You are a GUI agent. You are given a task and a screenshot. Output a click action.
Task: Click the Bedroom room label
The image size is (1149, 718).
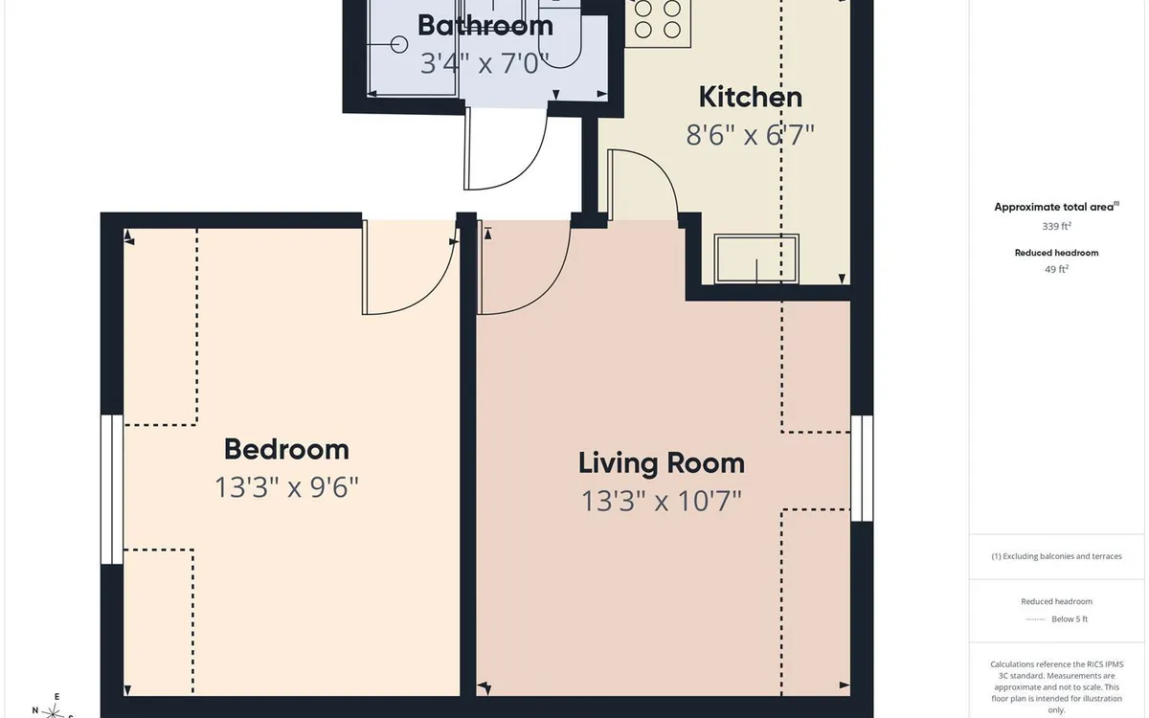[286, 449]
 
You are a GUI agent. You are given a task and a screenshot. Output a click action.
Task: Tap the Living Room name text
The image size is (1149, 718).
[662, 463]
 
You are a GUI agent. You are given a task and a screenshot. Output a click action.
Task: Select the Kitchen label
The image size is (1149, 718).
[751, 97]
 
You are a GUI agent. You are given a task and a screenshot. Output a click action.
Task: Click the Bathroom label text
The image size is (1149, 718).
[485, 26]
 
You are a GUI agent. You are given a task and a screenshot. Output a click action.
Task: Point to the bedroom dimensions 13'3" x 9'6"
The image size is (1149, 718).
[286, 487]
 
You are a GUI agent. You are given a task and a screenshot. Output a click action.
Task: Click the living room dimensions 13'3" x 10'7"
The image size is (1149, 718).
[662, 501]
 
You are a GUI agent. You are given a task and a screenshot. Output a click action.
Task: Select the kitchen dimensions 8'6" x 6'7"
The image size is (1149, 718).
[751, 135]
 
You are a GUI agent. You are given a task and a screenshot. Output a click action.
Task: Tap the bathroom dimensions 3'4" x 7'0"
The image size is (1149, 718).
[485, 63]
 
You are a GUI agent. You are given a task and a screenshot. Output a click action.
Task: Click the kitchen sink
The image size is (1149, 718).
[756, 259]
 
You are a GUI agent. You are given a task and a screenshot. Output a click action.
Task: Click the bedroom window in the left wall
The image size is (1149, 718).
[112, 489]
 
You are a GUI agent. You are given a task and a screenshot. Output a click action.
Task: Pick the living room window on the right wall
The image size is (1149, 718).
[862, 469]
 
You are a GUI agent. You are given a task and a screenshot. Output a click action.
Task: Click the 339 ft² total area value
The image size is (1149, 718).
[1056, 226]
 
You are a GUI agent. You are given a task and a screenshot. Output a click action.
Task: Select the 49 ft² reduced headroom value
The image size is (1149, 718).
[1056, 269]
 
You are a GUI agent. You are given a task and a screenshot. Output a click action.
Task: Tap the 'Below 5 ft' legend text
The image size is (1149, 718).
[1070, 619]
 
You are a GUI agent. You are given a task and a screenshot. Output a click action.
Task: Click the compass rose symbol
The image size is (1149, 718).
[53, 709]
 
